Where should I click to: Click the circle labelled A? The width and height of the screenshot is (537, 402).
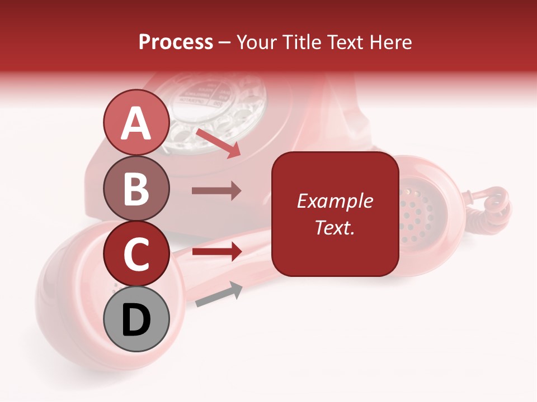136,123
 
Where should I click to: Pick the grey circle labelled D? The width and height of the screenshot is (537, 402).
136,319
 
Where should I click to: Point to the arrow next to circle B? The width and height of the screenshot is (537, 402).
216,191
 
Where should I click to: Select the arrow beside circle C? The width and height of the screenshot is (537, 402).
216,252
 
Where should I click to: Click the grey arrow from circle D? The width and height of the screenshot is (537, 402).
219,294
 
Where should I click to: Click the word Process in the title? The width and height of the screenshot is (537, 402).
176,42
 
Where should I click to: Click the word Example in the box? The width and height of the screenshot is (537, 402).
335,201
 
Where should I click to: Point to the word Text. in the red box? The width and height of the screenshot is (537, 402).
335,228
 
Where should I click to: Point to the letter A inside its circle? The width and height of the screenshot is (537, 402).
136,123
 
